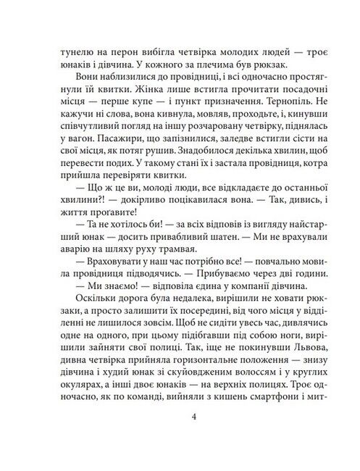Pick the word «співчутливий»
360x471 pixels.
click(x=79, y=146)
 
